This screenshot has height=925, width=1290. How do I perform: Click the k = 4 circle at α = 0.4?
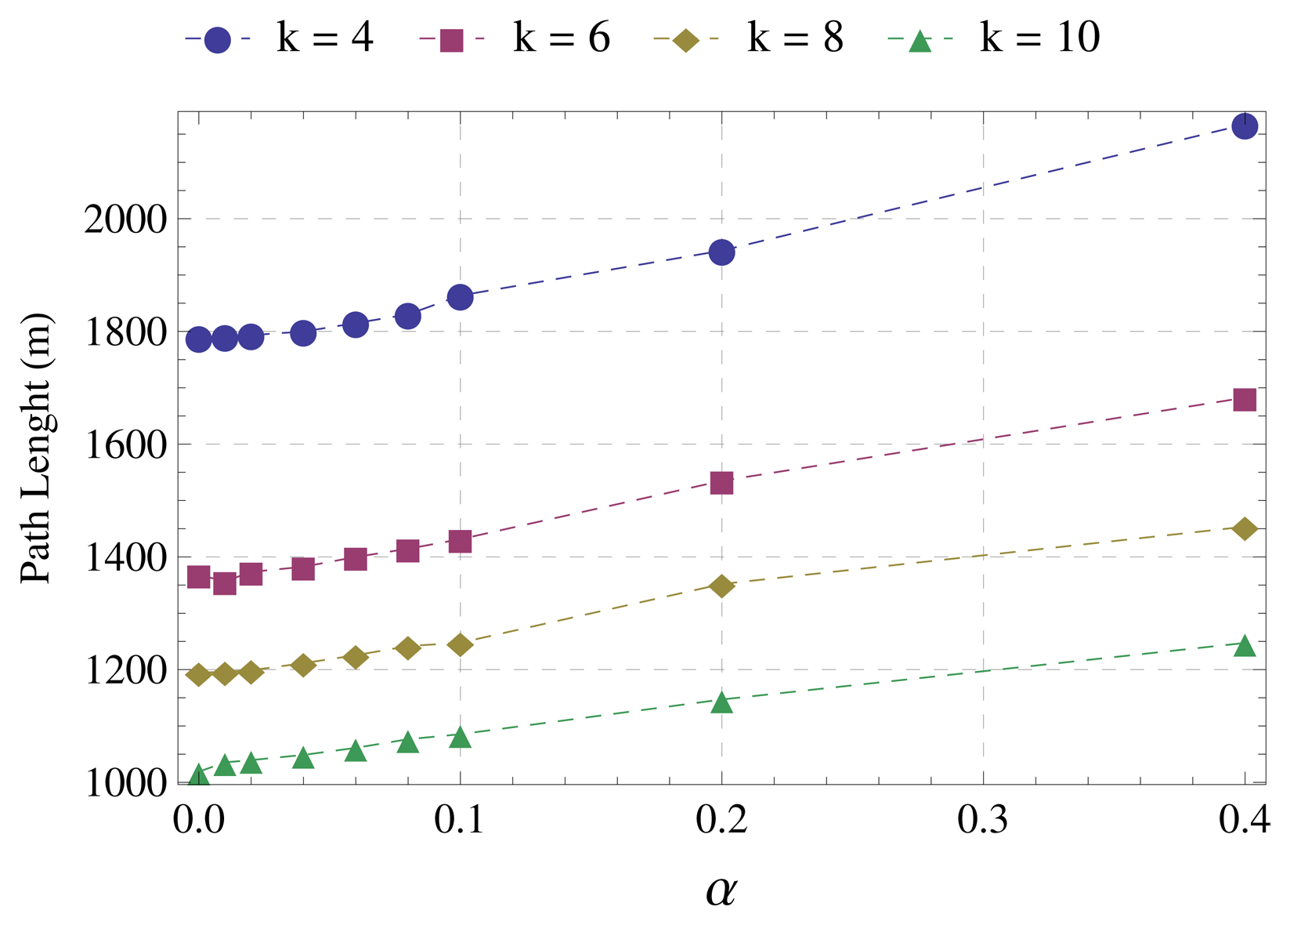click(x=1244, y=126)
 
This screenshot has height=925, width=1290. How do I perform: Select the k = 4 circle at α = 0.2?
click(x=721, y=252)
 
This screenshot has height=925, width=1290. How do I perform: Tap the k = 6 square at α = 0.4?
click(x=1244, y=400)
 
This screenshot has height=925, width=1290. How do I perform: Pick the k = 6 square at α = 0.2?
click(x=721, y=483)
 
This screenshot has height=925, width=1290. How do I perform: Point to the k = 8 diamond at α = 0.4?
click(x=1244, y=528)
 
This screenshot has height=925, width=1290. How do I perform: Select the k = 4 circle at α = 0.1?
click(x=460, y=297)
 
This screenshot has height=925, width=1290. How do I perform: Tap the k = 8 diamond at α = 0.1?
click(x=460, y=644)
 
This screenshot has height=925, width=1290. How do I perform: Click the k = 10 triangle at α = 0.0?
click(x=199, y=776)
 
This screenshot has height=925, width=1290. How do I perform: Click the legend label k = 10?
click(x=1039, y=38)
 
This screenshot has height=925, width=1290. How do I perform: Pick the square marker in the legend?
click(x=452, y=40)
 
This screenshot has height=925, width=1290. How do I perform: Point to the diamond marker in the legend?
click(x=686, y=40)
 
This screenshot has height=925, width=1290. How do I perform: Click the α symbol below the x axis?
click(x=721, y=891)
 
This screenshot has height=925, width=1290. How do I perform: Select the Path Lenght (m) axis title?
click(x=37, y=448)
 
